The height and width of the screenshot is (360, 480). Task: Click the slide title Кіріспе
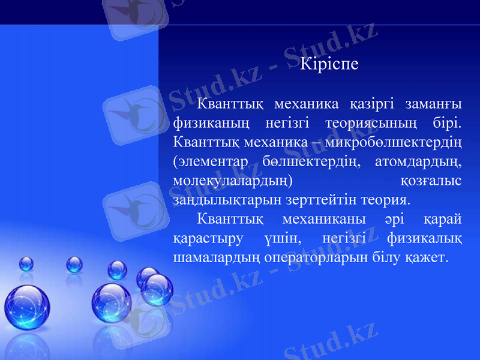[329, 63]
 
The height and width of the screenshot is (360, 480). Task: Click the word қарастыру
[208, 238]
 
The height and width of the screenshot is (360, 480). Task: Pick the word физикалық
[424, 238]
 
